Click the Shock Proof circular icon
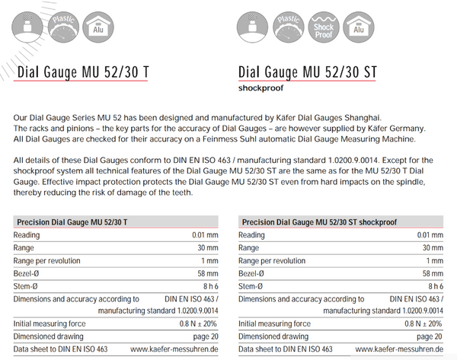(324, 27)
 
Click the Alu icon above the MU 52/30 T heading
(98, 27)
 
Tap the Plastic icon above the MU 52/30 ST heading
(288, 27)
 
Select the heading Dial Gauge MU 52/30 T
(83, 72)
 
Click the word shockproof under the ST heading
(260, 88)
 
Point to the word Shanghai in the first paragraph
(363, 118)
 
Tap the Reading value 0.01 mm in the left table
(205, 235)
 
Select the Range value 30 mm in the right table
(433, 248)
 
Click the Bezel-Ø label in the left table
(26, 273)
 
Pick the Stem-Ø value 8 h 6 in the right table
(436, 286)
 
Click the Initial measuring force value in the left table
(198, 323)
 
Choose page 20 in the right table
(430, 336)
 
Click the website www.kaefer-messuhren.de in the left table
(174, 349)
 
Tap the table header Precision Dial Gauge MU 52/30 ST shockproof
(319, 222)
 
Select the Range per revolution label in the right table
(272, 261)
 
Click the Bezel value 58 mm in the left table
(208, 273)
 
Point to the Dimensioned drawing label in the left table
(49, 336)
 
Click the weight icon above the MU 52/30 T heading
(27, 27)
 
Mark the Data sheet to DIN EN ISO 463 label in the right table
(286, 349)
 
